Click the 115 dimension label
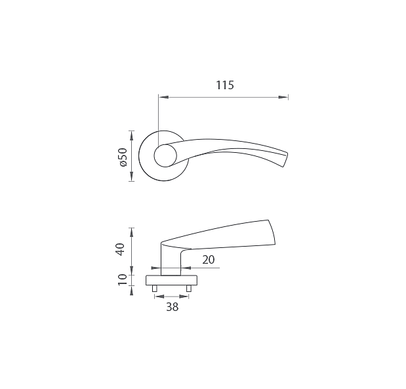point(225,85)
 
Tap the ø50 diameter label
point(123,157)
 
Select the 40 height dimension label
point(121,249)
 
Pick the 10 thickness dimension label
point(123,279)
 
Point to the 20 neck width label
point(209,260)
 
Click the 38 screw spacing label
point(173,307)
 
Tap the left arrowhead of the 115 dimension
point(163,97)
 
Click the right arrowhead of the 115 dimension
point(283,97)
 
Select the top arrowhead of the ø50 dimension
point(132,136)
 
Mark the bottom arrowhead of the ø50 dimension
point(132,176)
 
